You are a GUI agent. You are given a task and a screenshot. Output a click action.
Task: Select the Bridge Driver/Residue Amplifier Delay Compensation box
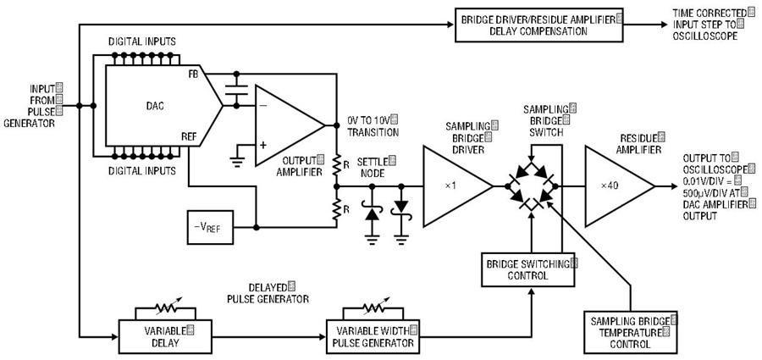pyautogui.click(x=539, y=25)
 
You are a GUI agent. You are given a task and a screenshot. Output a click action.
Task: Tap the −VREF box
pyautogui.click(x=210, y=227)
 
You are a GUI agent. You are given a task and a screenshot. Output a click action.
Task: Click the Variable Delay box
pyautogui.click(x=165, y=336)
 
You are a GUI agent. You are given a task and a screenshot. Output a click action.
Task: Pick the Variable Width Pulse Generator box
pyautogui.click(x=373, y=336)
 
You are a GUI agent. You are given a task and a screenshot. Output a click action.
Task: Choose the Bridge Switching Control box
pyautogui.click(x=527, y=269)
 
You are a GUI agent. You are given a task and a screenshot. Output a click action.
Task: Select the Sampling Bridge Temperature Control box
pyautogui.click(x=630, y=333)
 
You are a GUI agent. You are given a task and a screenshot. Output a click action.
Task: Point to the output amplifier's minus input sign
pyautogui.click(x=264, y=106)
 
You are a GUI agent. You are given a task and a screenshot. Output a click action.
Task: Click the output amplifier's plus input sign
pyautogui.click(x=264, y=145)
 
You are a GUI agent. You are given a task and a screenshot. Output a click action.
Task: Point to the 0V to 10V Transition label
pyautogui.click(x=373, y=125)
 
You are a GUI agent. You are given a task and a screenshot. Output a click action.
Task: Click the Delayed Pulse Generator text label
pyautogui.click(x=268, y=292)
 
